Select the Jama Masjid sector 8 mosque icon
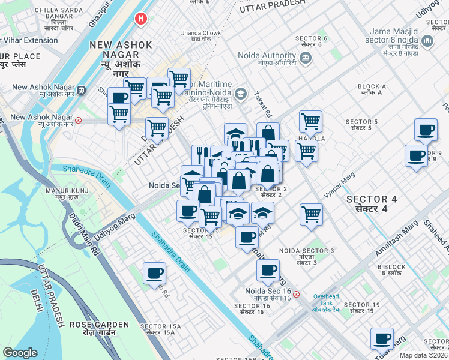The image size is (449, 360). tap(428, 41)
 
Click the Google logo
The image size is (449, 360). tap(20, 353)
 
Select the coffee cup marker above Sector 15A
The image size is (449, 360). tap(154, 274)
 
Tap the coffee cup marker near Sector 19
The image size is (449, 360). tap(382, 339)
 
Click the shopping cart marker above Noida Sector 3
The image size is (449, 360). tap(311, 214)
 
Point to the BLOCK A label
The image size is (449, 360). tap(371, 89)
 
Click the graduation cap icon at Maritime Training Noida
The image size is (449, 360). tap(241, 94)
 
